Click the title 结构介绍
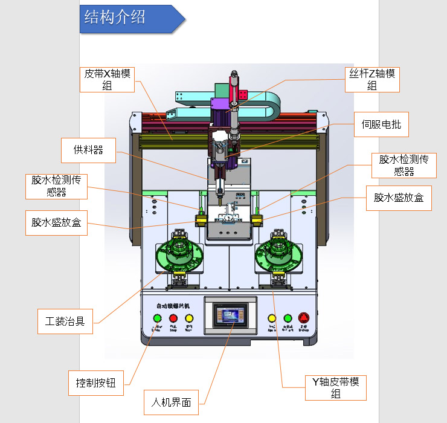click(115, 18)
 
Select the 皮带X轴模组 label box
click(108, 79)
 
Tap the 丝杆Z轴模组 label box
click(372, 79)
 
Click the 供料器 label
click(88, 150)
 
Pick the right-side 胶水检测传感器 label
click(404, 165)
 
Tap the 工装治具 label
click(65, 320)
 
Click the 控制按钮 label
click(96, 383)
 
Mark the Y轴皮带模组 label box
click(335, 387)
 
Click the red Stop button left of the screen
click(173, 318)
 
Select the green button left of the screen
click(158, 318)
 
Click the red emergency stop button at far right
click(304, 318)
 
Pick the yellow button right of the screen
click(272, 318)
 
